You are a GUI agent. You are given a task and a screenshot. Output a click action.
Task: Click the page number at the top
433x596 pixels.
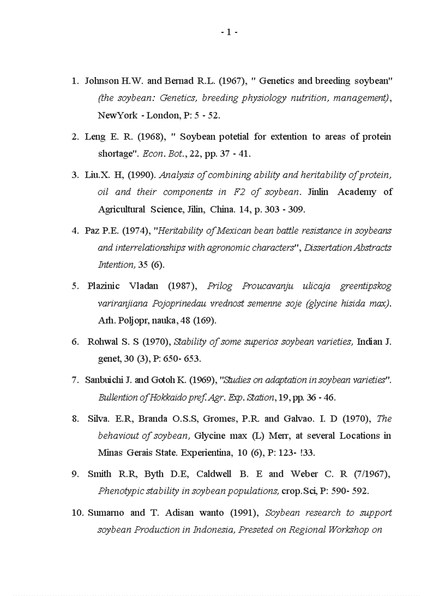tap(229, 32)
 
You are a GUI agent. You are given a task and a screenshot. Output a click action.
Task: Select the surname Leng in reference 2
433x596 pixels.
tap(96, 137)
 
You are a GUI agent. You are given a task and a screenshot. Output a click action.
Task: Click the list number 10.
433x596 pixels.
tap(77, 513)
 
